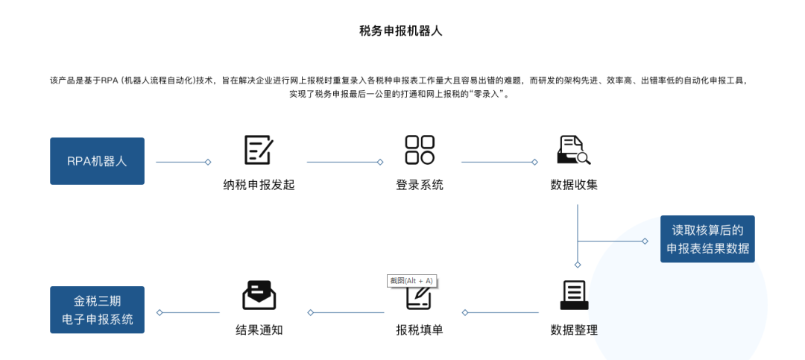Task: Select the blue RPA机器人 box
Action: (97, 161)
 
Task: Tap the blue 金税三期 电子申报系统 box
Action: (97, 310)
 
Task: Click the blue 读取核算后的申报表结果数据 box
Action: (707, 239)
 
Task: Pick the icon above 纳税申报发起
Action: (259, 150)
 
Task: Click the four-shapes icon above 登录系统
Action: (420, 150)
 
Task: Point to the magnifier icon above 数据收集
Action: (574, 150)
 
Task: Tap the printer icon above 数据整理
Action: (574, 296)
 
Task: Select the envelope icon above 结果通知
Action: (259, 296)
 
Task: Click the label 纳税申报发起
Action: (259, 185)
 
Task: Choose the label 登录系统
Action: (420, 185)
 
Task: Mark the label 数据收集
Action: (574, 185)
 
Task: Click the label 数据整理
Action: (574, 330)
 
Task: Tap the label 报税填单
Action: (420, 330)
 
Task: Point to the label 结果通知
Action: (259, 330)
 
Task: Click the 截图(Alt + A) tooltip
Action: (411, 280)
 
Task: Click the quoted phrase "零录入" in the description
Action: (487, 95)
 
